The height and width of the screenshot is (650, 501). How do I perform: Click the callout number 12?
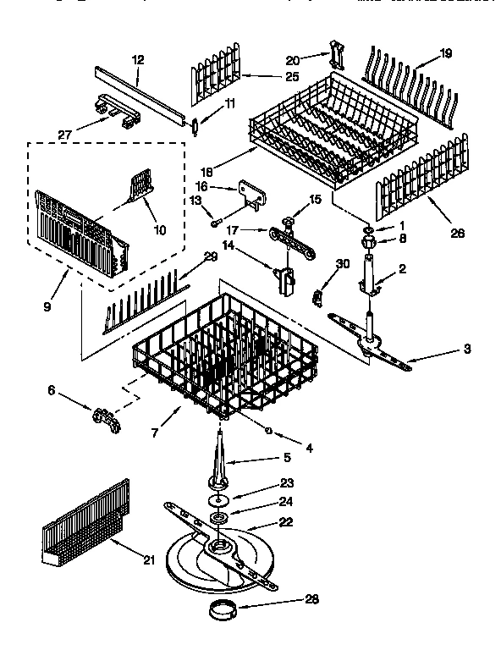pyautogui.click(x=138, y=59)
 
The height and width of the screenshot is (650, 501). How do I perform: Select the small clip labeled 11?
pyautogui.click(x=195, y=124)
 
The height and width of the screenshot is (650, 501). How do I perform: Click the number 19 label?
pyautogui.click(x=445, y=54)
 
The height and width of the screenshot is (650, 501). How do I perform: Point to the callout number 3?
pyautogui.click(x=468, y=349)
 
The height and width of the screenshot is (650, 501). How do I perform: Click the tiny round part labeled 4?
pyautogui.click(x=269, y=431)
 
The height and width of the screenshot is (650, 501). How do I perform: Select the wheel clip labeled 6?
pyautogui.click(x=104, y=415)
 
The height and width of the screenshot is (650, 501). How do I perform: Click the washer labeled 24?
pyautogui.click(x=219, y=517)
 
